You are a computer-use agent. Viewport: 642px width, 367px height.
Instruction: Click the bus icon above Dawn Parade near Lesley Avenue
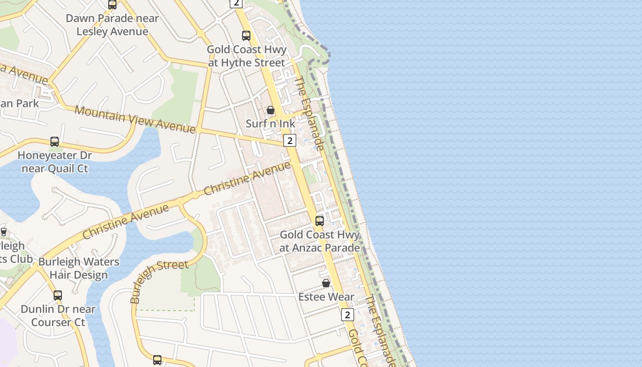click(112, 5)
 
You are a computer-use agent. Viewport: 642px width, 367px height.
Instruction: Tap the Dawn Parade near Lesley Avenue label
click(112, 25)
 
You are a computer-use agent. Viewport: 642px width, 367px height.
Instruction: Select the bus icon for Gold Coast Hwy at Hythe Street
click(246, 36)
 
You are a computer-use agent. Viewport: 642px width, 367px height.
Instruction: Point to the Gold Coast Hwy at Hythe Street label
click(247, 56)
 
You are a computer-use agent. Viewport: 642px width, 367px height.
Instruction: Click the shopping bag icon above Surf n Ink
click(271, 110)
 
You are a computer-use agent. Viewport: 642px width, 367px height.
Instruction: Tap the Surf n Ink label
click(271, 123)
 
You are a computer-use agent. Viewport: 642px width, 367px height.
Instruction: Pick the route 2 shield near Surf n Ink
click(289, 140)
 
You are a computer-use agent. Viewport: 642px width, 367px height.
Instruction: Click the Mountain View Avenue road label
click(135, 119)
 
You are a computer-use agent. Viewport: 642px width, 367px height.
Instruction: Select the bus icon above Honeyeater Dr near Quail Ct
click(55, 142)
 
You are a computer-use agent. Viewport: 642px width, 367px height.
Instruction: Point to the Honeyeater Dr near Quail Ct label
click(55, 162)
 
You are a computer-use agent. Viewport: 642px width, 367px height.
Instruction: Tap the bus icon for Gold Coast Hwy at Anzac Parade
click(320, 221)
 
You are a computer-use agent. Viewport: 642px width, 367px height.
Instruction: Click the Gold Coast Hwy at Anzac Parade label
click(320, 241)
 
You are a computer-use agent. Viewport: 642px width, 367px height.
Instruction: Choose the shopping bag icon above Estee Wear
click(326, 283)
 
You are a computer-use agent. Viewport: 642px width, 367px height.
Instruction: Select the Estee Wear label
click(326, 297)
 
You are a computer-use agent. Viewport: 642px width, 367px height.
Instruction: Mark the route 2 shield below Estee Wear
click(348, 315)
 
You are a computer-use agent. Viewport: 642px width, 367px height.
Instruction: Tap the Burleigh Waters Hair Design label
click(78, 268)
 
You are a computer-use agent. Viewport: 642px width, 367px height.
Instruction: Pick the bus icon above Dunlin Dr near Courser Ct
click(58, 295)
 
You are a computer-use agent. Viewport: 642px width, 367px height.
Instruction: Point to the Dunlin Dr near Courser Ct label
click(58, 316)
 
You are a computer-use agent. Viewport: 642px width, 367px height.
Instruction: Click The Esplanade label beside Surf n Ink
click(309, 113)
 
